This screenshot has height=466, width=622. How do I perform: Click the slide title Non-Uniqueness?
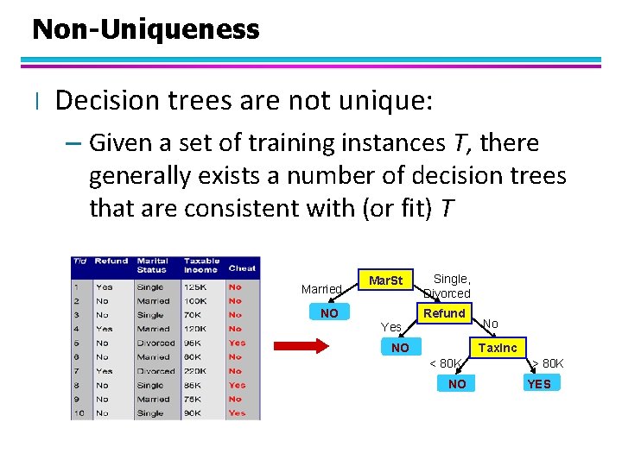(145, 29)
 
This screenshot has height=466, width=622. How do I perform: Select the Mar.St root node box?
(385, 280)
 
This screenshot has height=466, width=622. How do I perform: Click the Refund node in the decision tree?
(445, 313)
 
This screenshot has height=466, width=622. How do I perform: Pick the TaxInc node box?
(498, 348)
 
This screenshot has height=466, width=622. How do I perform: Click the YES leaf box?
(538, 383)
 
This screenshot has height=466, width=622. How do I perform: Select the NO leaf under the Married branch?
(329, 313)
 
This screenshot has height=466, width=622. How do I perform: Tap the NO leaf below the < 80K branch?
(457, 383)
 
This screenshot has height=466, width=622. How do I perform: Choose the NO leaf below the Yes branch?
(400, 348)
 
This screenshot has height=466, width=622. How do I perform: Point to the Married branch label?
(321, 288)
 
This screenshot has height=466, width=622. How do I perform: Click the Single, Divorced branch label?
(449, 286)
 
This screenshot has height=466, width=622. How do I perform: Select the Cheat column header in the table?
(242, 268)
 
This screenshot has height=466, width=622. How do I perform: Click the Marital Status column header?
(152, 265)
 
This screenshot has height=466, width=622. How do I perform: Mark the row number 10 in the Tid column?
(79, 413)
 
